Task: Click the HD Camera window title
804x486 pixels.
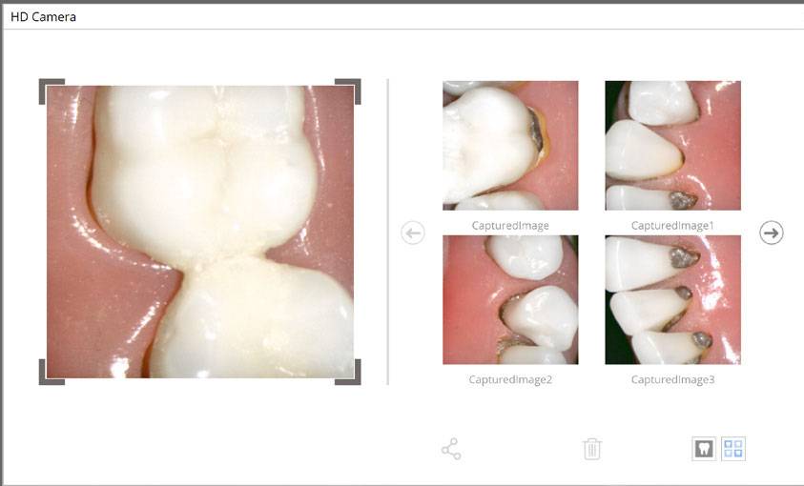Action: (43, 17)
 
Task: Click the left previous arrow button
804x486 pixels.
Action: (413, 233)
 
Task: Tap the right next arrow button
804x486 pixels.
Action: (772, 233)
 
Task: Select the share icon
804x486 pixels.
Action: (451, 449)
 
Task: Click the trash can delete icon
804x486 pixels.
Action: (591, 449)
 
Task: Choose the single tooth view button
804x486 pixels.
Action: (704, 449)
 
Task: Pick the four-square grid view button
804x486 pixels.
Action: (733, 449)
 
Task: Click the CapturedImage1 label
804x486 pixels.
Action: (672, 226)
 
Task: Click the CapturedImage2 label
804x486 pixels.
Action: (510, 380)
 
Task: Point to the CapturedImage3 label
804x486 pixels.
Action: (672, 380)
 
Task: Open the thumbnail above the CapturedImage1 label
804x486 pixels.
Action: (672, 146)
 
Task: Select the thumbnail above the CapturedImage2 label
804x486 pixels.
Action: (510, 299)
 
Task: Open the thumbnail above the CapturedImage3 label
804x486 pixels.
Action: (672, 299)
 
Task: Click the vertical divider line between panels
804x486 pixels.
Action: (388, 232)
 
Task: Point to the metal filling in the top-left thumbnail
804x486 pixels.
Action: (536, 130)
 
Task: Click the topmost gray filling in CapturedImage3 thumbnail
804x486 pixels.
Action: (685, 257)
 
